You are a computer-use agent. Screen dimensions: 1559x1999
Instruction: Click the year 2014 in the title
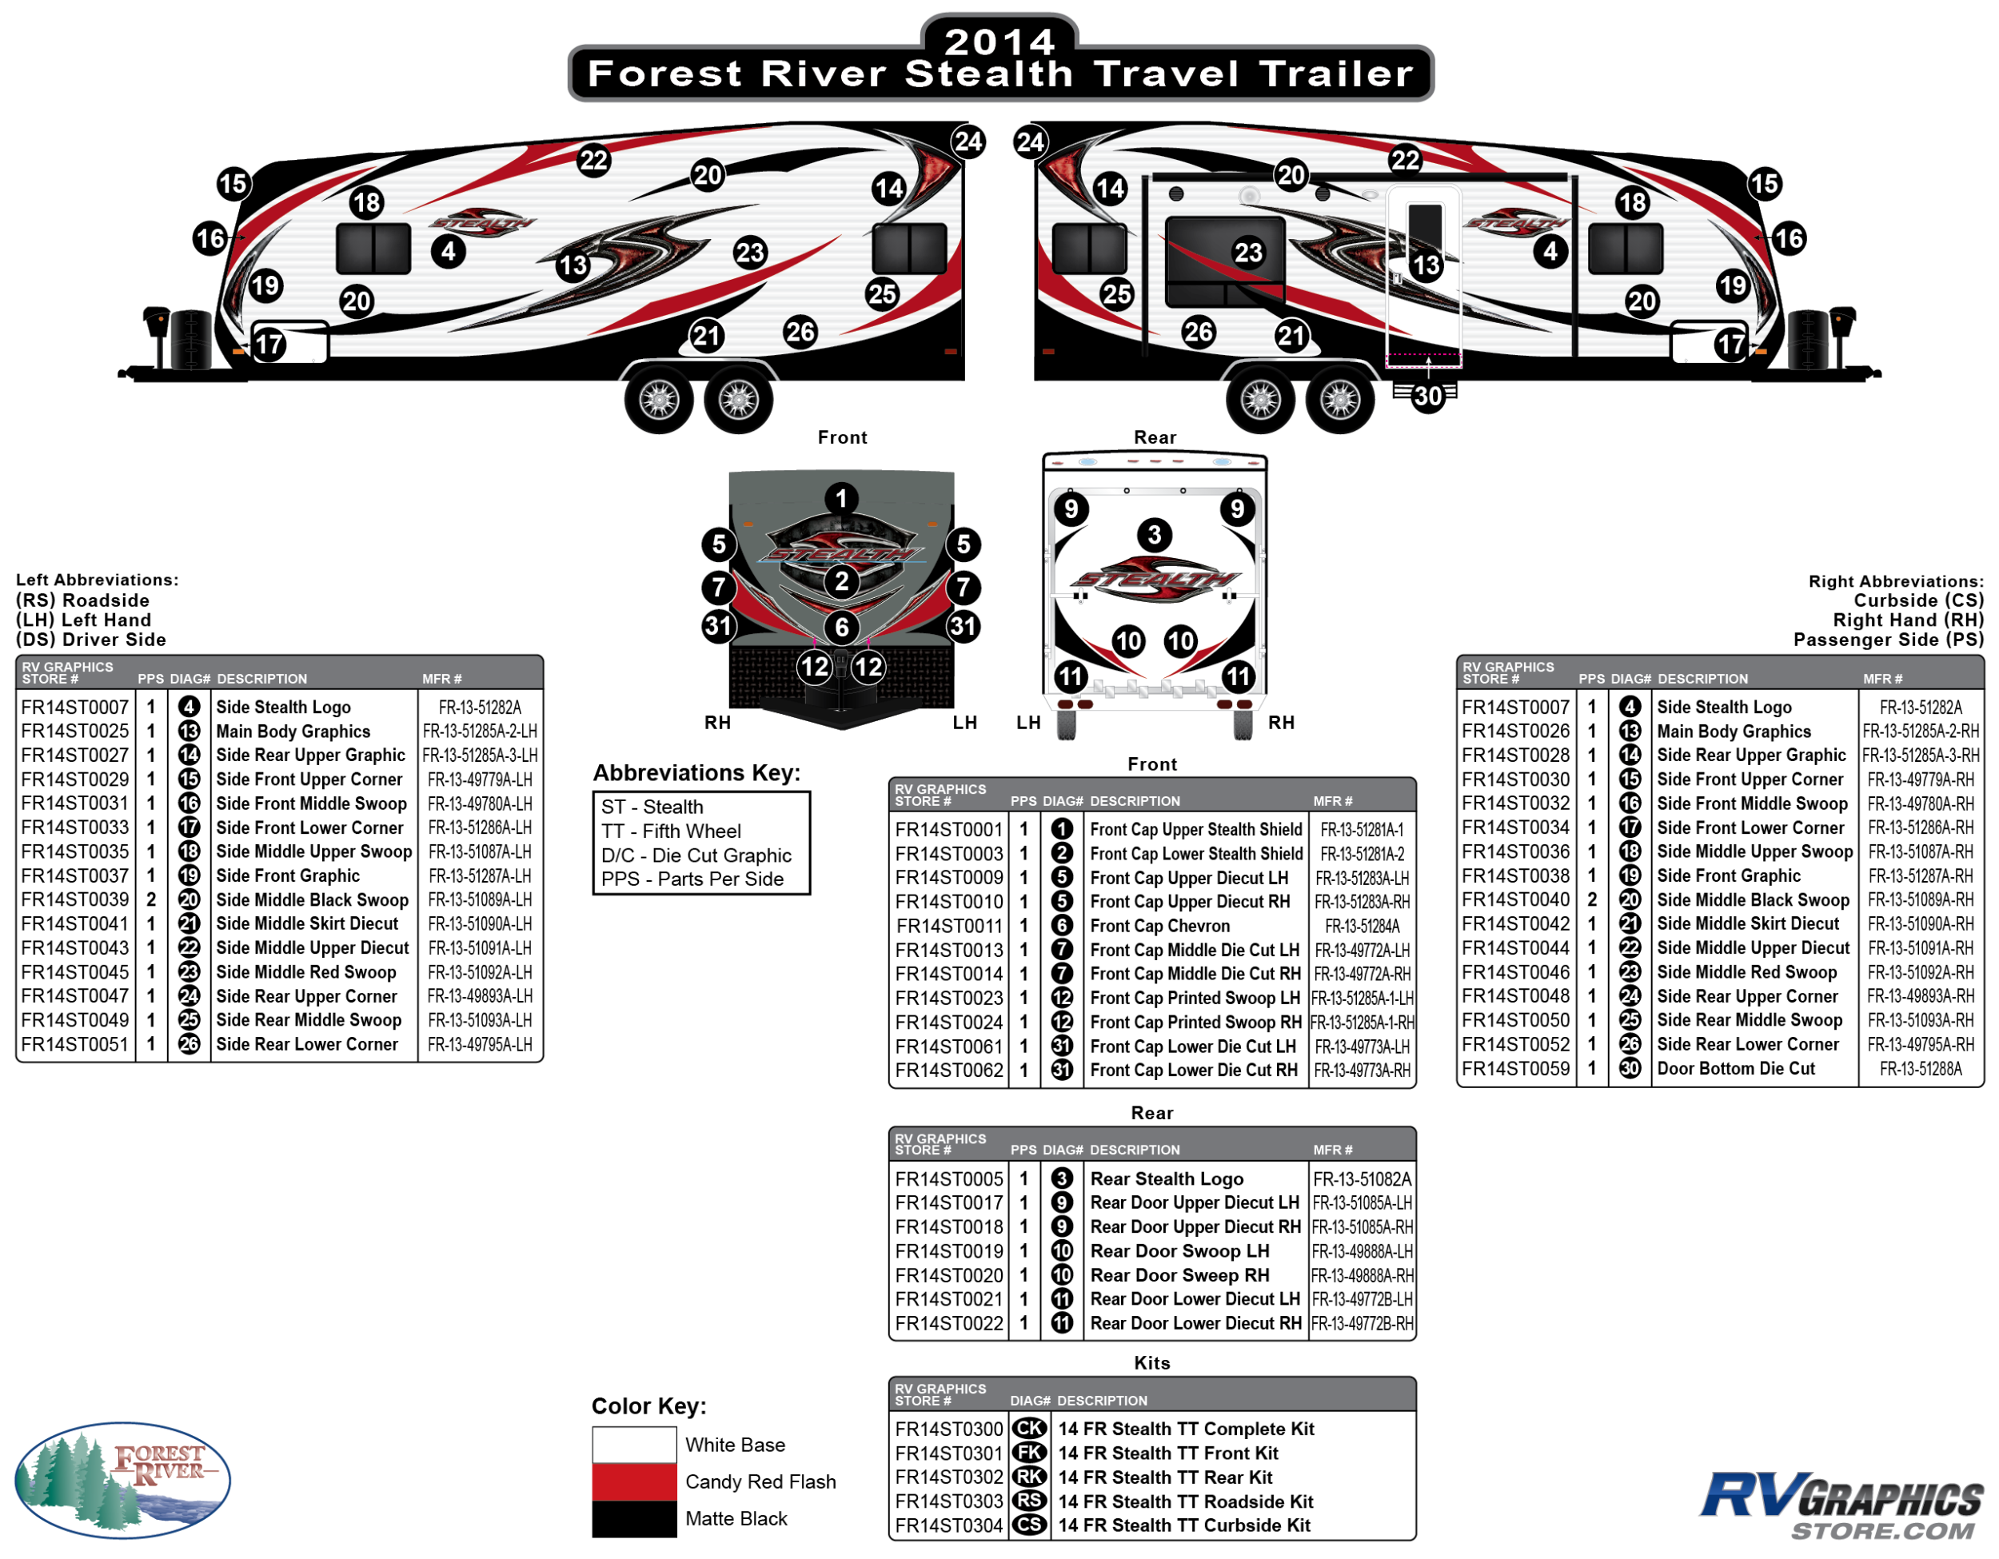999,41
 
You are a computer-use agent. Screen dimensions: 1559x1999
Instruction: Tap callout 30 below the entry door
1427,397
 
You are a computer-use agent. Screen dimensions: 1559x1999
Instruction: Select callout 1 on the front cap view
841,498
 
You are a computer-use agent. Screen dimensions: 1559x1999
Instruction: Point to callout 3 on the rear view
1154,534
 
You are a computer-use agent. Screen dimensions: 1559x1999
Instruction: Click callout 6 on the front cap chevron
841,627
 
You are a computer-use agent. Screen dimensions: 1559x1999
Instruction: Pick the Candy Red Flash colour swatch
633,1481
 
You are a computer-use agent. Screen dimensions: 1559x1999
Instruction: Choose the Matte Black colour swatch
633,1518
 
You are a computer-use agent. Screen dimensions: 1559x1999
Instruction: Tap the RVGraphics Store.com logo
1841,1505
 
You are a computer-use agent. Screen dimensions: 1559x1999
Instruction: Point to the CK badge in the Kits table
1029,1428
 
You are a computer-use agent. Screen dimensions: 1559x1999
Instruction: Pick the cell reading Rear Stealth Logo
1166,1178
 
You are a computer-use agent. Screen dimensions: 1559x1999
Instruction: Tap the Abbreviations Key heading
696,773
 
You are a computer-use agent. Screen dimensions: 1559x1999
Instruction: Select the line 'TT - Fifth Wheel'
671,831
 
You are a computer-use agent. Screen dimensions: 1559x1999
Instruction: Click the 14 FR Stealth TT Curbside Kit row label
1183,1525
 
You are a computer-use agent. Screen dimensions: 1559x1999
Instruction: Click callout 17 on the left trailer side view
269,345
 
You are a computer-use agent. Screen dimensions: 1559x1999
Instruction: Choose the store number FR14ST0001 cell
948,829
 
